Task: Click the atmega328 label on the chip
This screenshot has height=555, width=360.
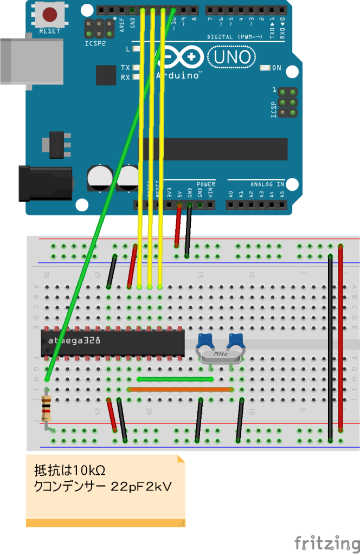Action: coord(73,341)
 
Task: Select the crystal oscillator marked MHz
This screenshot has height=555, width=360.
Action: coord(220,354)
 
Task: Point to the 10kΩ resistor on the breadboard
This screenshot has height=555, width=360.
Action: coord(47,408)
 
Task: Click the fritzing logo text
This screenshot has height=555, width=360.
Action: coord(327,543)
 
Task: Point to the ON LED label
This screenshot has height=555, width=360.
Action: coord(277,68)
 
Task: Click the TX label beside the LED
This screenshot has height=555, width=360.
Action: coord(125,68)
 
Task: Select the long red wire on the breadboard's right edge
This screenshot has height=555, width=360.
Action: coord(340,336)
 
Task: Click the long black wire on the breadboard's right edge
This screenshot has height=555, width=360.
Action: coord(331,347)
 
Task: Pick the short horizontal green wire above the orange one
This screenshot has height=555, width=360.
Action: coord(175,379)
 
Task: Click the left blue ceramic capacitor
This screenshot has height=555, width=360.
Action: coord(205,341)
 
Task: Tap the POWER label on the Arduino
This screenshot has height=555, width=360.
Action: coord(206,184)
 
